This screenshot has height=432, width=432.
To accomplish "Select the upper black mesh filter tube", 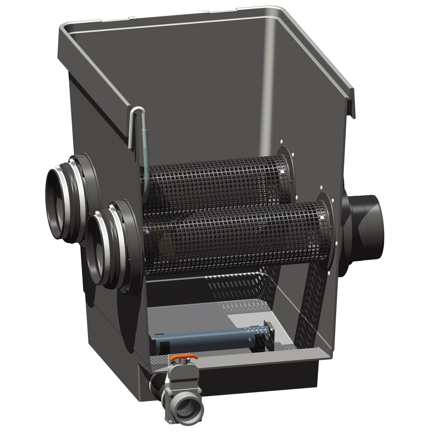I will point(212,180).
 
